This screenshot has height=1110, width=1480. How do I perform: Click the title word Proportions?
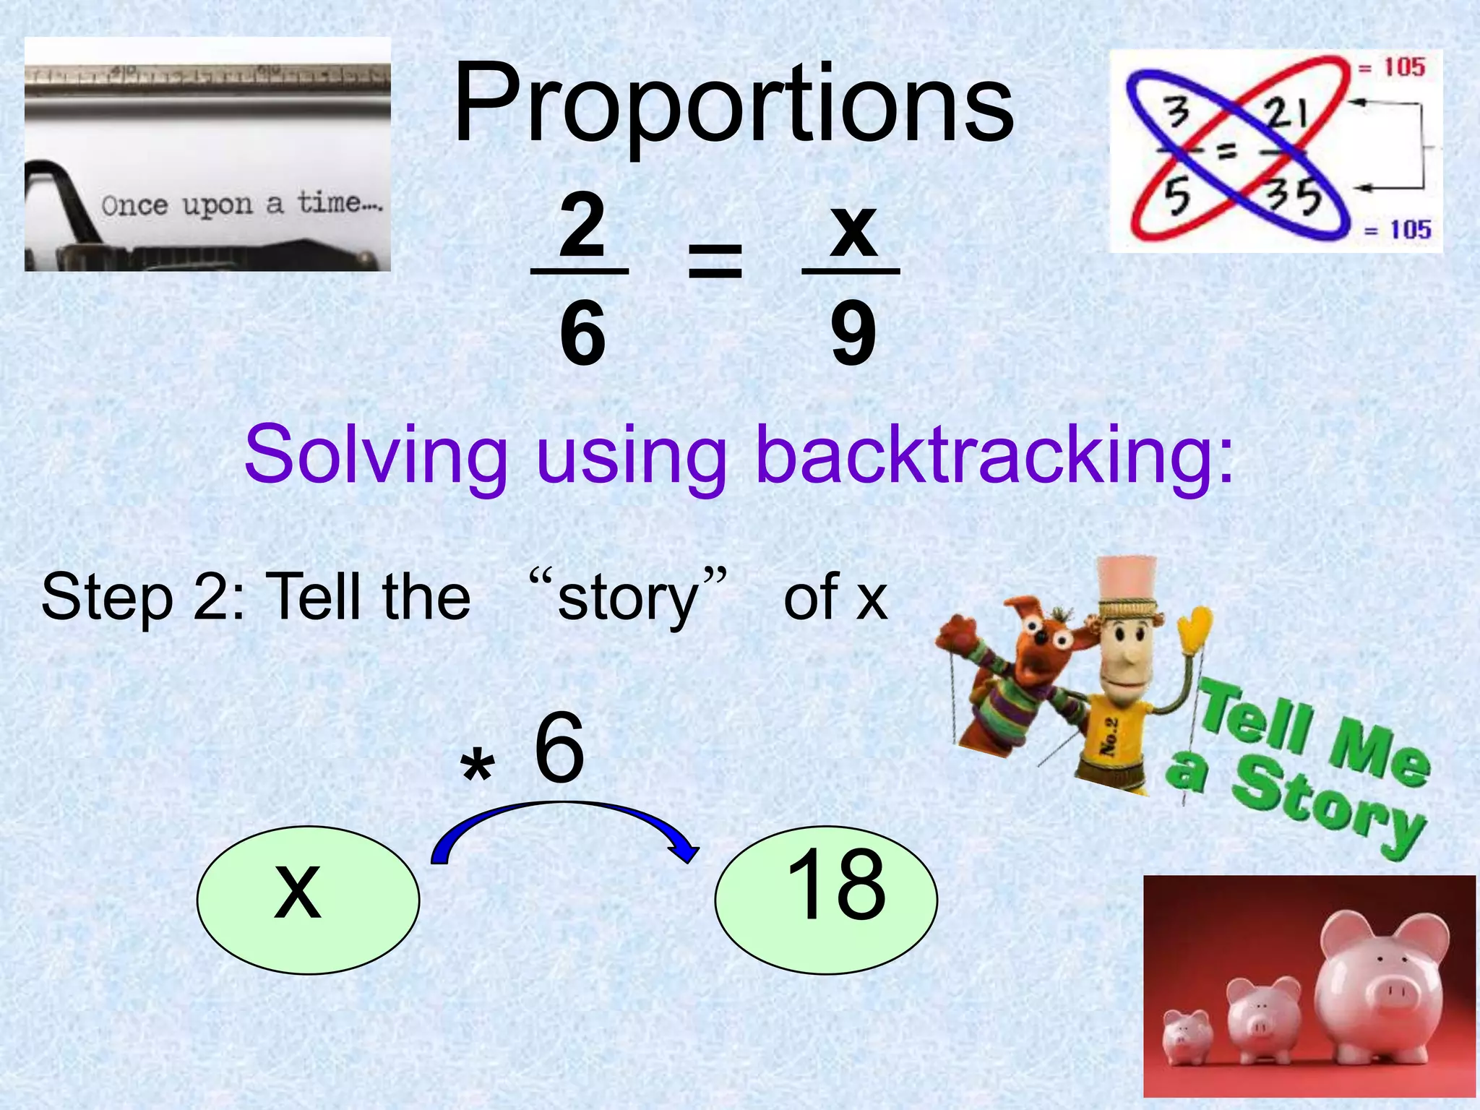733,105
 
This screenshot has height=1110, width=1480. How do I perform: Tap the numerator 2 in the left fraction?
582,226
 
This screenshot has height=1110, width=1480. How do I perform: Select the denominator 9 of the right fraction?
853,334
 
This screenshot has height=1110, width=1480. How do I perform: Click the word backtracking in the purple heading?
994,455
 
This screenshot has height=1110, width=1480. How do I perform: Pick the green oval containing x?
308,900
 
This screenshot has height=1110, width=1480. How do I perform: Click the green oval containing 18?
826,900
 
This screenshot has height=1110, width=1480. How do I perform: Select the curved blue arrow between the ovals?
564,820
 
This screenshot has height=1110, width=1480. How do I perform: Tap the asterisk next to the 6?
478,767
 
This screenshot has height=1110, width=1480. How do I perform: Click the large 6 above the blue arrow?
559,748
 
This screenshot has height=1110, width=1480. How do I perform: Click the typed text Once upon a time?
242,204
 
